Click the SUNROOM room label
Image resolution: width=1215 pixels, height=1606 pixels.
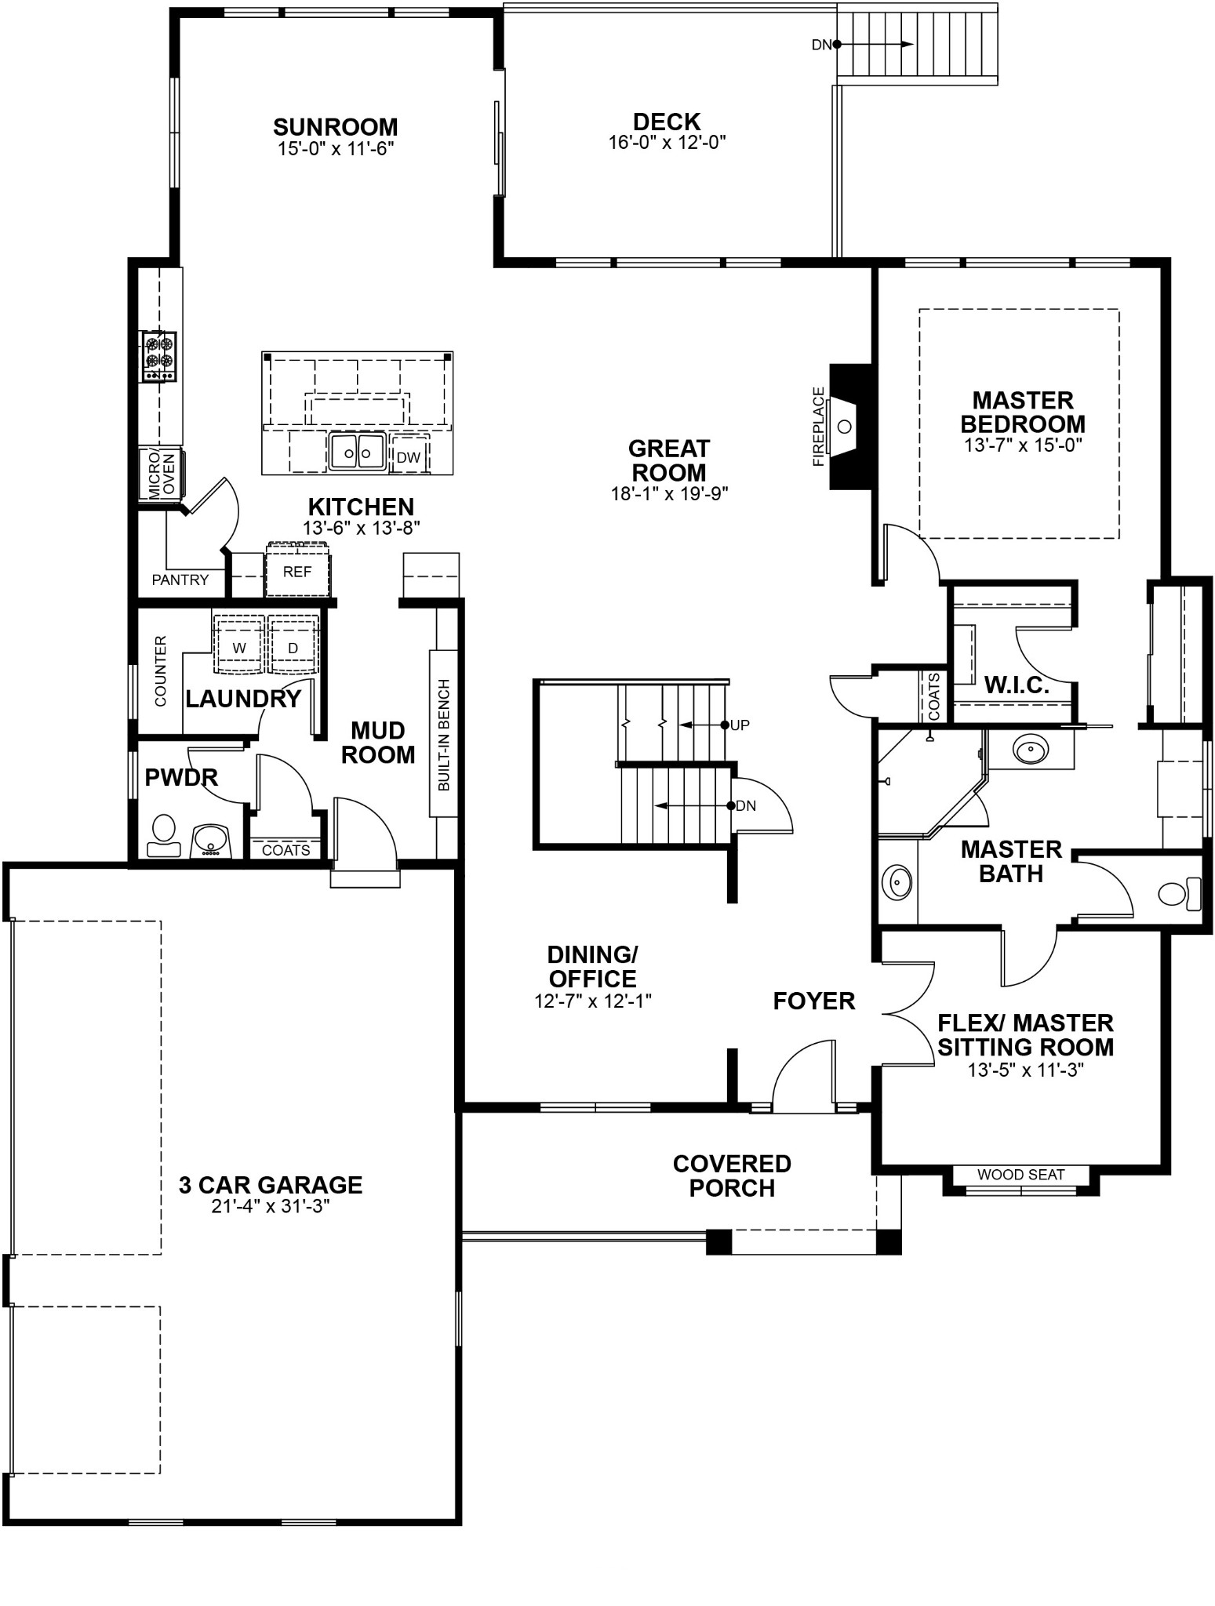pos(335,127)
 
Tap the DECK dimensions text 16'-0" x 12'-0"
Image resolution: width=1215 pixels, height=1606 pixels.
pos(667,143)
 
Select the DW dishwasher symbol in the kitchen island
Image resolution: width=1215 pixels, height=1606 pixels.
pos(409,457)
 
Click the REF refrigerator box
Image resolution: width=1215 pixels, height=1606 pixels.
pos(297,572)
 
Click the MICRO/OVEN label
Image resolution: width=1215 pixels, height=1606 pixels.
pos(160,474)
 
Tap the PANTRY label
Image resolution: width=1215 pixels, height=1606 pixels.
pos(180,580)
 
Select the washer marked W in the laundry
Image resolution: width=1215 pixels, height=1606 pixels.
pos(239,648)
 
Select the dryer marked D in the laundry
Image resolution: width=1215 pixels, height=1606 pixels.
pos(293,648)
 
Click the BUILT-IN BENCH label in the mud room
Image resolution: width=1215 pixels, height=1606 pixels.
pos(444,734)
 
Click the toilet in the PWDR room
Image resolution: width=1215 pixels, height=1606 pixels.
pos(163,836)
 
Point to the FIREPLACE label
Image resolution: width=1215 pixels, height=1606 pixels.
pos(819,427)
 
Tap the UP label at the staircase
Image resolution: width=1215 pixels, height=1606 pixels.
pos(740,725)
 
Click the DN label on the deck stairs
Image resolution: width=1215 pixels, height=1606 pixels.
pos(820,45)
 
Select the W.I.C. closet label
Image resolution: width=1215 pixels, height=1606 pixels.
pos(1017,685)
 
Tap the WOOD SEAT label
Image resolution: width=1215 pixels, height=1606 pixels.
pos(1020,1175)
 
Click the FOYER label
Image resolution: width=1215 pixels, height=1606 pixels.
pos(813,1001)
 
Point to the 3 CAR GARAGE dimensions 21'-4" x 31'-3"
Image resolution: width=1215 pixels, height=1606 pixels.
pos(270,1207)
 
